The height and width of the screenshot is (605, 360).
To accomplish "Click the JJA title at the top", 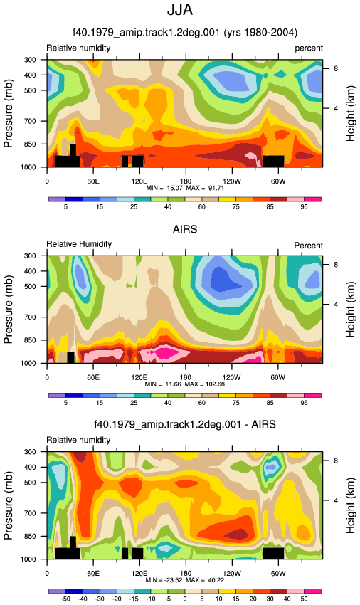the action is [x=180, y=10].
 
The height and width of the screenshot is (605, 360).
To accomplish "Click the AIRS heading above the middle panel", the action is [x=185, y=229].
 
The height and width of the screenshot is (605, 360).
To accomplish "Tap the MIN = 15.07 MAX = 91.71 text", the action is [x=185, y=188].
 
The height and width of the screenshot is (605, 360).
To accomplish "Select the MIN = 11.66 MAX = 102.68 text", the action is [x=184, y=384].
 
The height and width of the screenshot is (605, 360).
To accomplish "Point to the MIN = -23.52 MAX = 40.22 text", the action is [x=185, y=580].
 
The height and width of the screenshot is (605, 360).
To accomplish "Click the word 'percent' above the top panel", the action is [x=309, y=48].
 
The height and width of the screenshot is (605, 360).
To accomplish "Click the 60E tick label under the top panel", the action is [x=93, y=181].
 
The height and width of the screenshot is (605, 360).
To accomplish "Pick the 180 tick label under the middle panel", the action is [x=185, y=377].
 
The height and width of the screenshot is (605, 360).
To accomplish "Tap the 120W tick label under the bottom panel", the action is [x=231, y=574].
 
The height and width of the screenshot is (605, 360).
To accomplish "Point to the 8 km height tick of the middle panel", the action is [x=336, y=265].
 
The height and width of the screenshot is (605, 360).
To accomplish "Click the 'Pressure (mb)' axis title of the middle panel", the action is [x=8, y=310].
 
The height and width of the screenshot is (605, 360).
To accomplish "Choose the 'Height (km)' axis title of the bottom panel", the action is [x=350, y=505].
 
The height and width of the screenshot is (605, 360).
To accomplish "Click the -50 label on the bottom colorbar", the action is [x=65, y=599].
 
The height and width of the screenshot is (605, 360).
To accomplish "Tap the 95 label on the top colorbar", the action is [x=304, y=207].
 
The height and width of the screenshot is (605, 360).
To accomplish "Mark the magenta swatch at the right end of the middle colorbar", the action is [x=313, y=395].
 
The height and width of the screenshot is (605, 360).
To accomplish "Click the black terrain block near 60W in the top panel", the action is [x=274, y=162].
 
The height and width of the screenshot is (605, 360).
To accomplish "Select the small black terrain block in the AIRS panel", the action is [x=70, y=357].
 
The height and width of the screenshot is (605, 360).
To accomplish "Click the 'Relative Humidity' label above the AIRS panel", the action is [x=79, y=244].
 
